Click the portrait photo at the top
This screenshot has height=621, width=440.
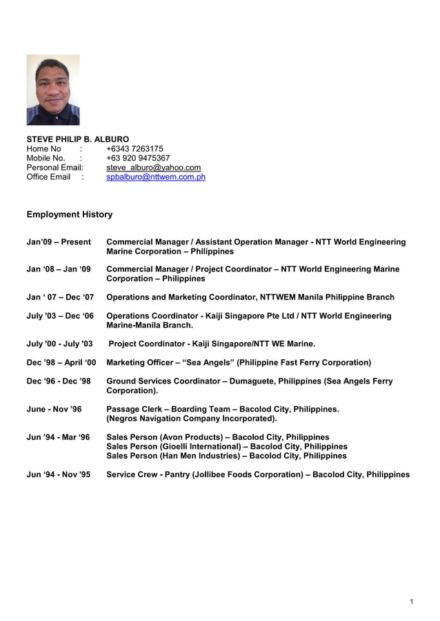point(53,90)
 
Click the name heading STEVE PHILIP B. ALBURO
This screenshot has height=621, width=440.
point(77,139)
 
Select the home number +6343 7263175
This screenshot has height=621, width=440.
point(134,149)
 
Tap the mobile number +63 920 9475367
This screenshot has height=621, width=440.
point(138,158)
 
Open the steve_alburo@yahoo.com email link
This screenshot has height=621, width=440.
point(153,167)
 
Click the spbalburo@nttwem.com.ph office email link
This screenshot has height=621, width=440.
point(156,177)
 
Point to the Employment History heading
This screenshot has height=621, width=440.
point(69,214)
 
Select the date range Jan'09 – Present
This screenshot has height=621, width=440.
point(59,242)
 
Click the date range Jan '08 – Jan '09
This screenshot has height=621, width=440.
point(59,269)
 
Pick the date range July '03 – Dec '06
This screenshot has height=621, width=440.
point(60,316)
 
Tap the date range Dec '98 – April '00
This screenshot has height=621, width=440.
point(61,362)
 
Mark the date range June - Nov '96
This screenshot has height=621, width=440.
point(54,409)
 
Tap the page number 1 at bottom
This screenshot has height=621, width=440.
point(411,602)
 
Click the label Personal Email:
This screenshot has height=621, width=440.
point(54,167)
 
